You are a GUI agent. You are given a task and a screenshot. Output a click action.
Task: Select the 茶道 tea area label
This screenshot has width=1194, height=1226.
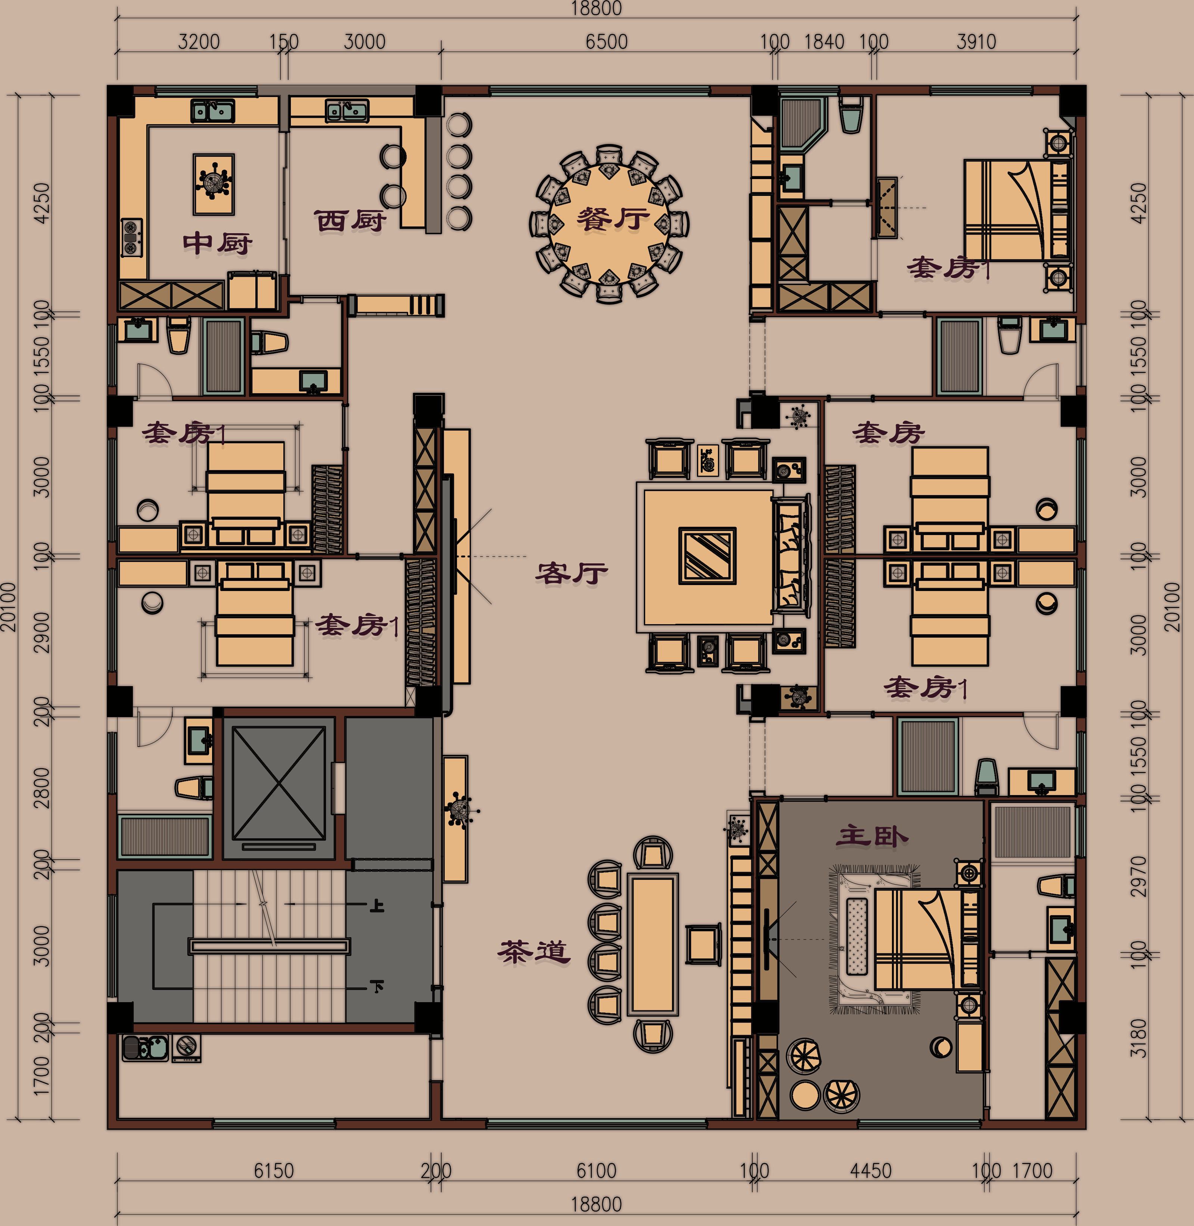click(x=534, y=951)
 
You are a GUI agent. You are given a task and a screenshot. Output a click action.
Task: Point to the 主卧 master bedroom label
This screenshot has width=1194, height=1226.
click(x=872, y=835)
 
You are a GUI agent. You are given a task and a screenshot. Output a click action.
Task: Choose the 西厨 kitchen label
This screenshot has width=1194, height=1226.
click(x=349, y=221)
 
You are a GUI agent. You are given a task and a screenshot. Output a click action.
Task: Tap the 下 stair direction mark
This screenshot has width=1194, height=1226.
click(x=377, y=987)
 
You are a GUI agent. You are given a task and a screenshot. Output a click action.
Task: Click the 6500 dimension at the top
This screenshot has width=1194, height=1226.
click(x=606, y=42)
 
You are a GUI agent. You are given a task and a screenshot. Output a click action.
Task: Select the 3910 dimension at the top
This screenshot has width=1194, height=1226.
click(x=976, y=42)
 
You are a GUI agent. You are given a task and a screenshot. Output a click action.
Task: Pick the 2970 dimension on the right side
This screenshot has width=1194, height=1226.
click(x=1138, y=876)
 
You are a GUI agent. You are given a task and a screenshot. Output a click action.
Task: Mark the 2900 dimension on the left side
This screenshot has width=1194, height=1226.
click(x=41, y=633)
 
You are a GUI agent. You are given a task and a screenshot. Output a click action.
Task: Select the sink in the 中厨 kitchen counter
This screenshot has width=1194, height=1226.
click(x=213, y=111)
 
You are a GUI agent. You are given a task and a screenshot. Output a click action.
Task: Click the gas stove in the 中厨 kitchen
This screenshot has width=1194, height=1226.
click(x=132, y=238)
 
